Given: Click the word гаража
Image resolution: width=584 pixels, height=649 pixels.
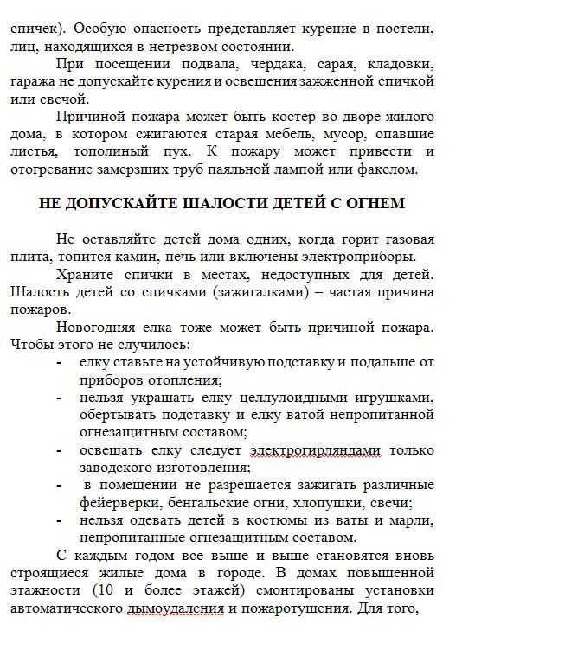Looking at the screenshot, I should (x=31, y=81).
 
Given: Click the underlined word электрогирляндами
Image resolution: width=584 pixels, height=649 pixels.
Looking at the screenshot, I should (x=316, y=450).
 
